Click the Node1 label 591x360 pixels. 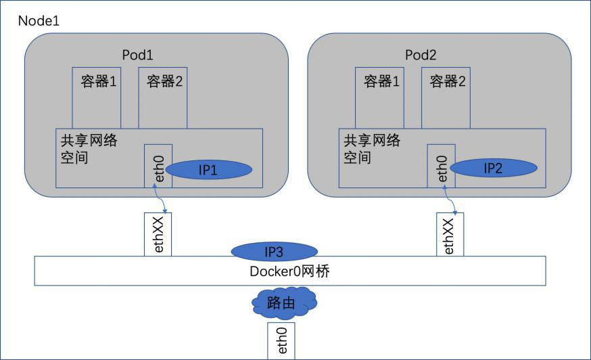39,21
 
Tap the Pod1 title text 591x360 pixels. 137,55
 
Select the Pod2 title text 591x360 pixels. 421,55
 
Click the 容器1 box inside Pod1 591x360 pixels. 97,98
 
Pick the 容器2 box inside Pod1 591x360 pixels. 163,98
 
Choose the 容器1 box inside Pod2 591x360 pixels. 379,98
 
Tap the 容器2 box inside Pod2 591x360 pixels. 446,98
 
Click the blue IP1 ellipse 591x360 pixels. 209,170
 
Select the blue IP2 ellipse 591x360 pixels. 494,168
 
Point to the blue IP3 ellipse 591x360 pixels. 274,252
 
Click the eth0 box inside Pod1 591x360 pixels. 158,166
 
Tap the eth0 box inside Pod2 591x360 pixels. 442,166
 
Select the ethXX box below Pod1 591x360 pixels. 158,234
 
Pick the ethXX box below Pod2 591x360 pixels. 450,234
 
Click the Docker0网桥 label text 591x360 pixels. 289,271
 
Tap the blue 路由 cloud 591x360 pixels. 285,302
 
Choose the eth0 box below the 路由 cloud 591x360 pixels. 281,341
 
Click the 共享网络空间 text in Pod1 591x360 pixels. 89,149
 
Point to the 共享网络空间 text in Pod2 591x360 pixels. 372,149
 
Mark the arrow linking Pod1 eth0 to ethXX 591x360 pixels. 159,198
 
